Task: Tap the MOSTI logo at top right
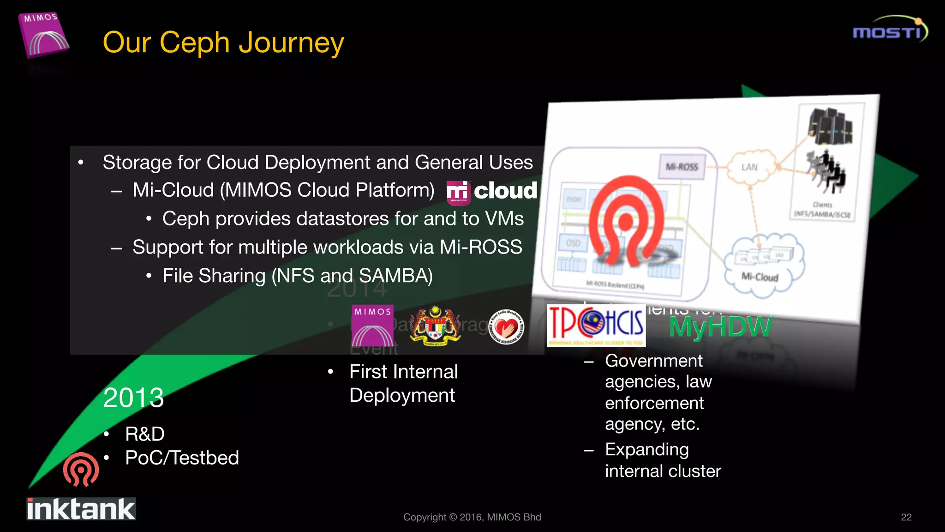point(889,30)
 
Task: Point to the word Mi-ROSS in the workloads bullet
point(480,248)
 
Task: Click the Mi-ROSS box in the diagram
point(682,167)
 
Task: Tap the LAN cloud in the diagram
point(749,167)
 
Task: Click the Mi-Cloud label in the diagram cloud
point(760,277)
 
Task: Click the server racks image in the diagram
point(830,126)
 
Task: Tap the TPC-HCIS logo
point(596,325)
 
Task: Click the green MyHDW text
point(720,327)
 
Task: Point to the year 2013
point(133,398)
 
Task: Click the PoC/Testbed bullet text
point(182,458)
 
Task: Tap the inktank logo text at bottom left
point(81,509)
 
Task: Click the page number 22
point(906,517)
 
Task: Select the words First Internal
point(403,372)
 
